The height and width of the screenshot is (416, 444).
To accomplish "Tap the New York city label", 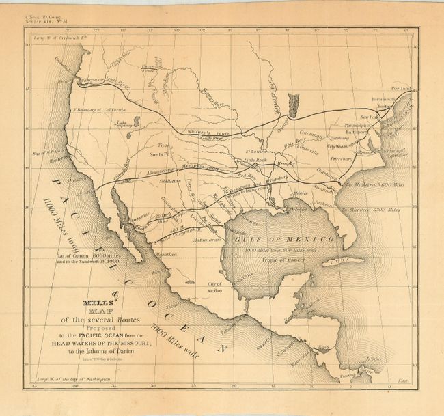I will pyautogui.click(x=369, y=117).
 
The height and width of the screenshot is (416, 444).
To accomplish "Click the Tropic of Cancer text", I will pyautogui.click(x=307, y=259).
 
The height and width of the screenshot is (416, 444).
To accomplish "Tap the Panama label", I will pyautogui.click(x=347, y=373).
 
